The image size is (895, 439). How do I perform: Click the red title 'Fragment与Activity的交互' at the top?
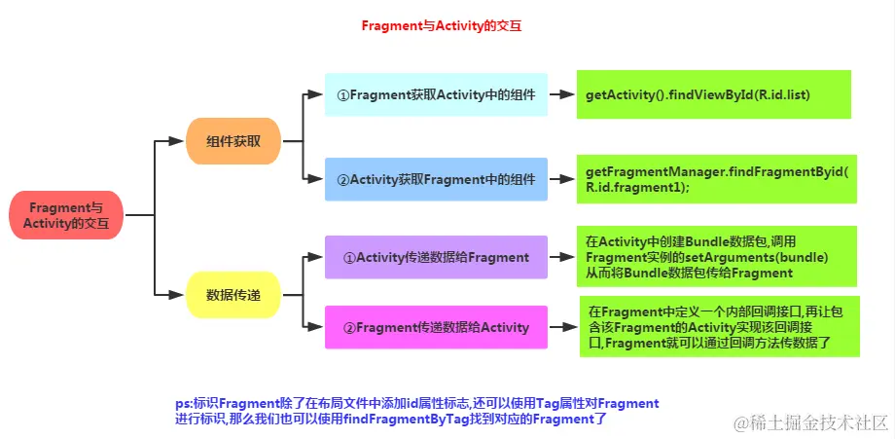coord(442,27)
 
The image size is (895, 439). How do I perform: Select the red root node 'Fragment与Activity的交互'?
coord(66,215)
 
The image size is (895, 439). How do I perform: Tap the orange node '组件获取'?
coord(233,141)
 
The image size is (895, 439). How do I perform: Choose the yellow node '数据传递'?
coord(233,293)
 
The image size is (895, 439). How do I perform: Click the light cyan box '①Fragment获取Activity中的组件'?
coord(435,94)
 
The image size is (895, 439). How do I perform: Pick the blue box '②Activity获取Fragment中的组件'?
coord(435,179)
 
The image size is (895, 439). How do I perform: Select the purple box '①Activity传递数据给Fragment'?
coord(435,257)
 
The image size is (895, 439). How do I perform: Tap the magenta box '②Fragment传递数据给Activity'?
coord(435,327)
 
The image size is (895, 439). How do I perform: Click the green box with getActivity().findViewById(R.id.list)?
coord(713,94)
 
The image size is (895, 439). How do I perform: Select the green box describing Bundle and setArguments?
coord(716,257)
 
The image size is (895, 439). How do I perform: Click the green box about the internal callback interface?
coord(719,326)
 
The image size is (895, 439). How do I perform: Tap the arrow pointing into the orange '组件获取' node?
coord(172,141)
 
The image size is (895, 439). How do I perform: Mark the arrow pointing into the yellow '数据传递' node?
coord(172,293)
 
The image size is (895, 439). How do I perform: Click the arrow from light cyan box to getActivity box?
coord(561,94)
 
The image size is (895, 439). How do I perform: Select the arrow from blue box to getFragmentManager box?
coord(561,179)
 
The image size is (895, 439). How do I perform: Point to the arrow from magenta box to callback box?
coord(563,327)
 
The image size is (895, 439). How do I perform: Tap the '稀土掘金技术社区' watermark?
coord(812,421)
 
